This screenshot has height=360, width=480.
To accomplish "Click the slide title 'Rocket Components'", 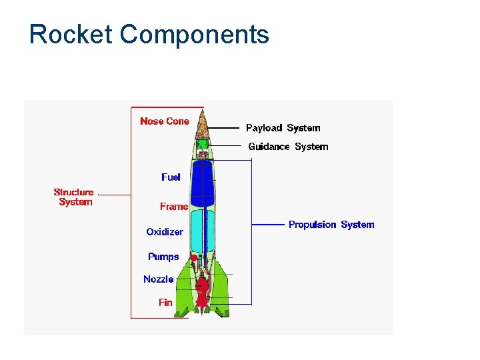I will click(x=149, y=34).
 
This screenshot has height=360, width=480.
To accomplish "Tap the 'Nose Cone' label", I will click(x=164, y=121).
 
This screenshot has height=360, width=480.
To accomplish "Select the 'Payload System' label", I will click(x=283, y=128).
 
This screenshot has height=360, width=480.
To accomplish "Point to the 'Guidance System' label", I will click(x=288, y=147).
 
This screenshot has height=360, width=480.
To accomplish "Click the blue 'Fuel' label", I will click(x=171, y=177).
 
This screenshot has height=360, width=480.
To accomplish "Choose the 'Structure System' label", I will click(x=74, y=197).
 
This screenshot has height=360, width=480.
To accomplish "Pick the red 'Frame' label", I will click(x=173, y=207).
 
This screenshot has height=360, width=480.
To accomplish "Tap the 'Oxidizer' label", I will click(x=165, y=232).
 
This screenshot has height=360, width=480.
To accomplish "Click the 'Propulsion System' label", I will click(x=331, y=225).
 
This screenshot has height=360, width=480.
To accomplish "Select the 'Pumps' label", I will click(x=163, y=257).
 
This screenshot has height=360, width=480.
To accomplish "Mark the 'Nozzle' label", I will click(x=159, y=279).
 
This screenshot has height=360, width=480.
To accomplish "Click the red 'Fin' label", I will click(x=165, y=303).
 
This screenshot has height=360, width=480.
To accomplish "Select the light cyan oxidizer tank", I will click(x=203, y=230).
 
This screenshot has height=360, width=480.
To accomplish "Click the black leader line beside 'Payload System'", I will click(x=225, y=127).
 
